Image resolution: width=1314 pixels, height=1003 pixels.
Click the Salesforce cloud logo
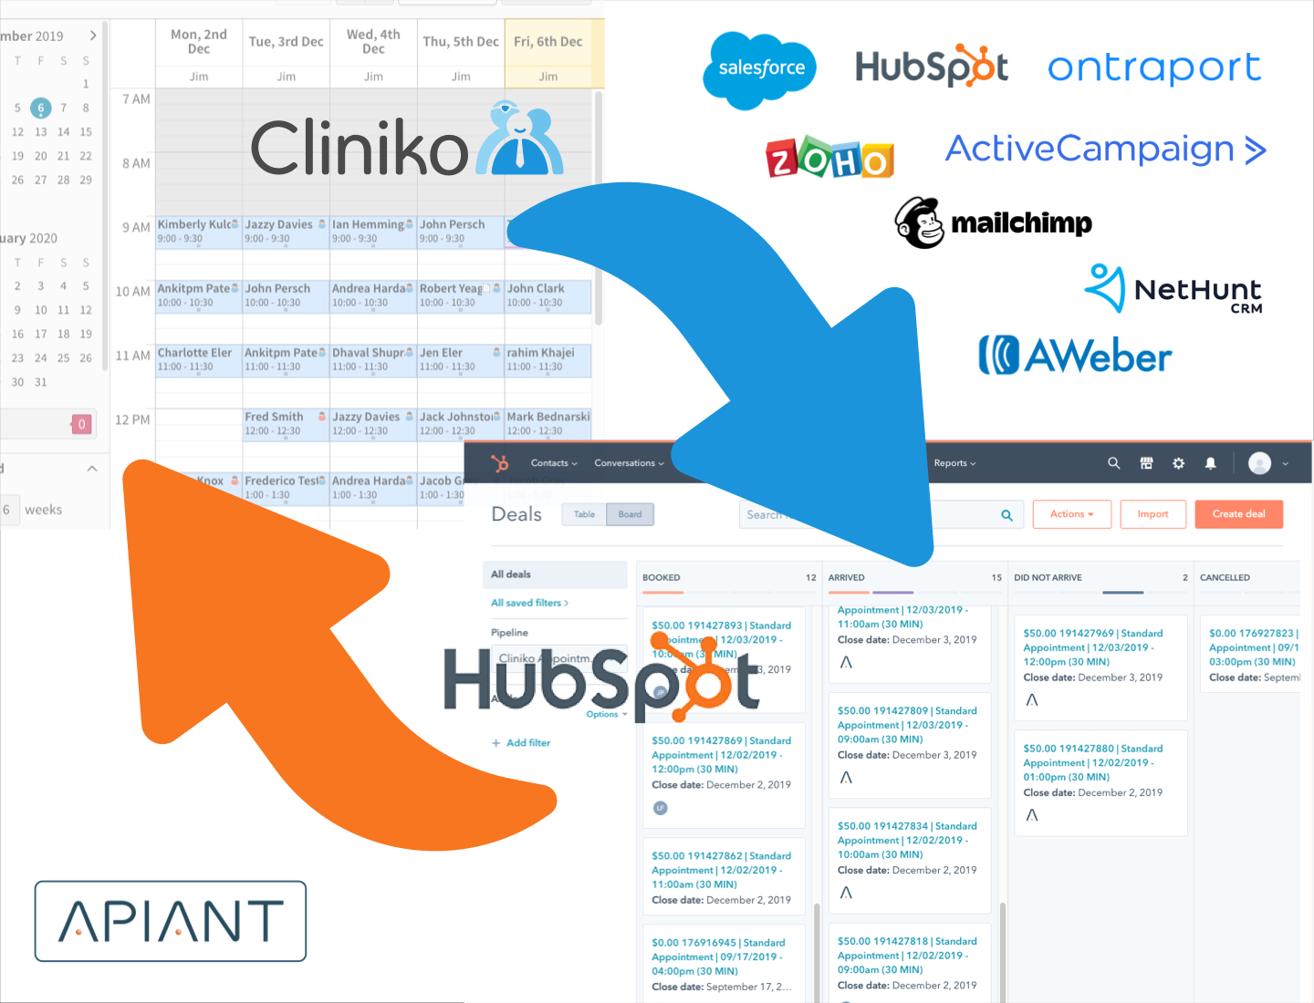coord(760,69)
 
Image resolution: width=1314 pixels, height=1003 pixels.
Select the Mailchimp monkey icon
coord(919,222)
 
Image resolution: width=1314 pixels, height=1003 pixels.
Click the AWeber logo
coord(1075,356)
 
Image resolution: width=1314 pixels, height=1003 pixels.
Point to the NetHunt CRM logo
coord(1173,290)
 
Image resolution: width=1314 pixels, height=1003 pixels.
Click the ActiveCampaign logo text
coord(1104,150)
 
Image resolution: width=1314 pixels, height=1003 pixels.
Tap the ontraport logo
coord(1153,67)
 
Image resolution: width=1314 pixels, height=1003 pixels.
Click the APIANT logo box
coord(171,921)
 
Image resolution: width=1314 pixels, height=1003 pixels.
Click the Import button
coord(1152,514)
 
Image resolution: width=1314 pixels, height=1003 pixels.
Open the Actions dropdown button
coord(1071,514)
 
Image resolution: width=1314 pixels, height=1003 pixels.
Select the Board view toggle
coord(630,514)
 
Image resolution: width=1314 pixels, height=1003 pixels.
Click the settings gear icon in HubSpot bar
coord(1178,463)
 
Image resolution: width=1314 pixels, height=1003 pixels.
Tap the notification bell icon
coord(1211,463)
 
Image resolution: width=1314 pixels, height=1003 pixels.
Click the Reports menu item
coord(954,463)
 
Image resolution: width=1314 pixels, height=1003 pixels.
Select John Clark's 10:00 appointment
coord(547,295)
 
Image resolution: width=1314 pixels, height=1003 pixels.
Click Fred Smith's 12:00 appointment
coord(285,423)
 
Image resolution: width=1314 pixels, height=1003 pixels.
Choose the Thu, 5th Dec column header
coord(461,42)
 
